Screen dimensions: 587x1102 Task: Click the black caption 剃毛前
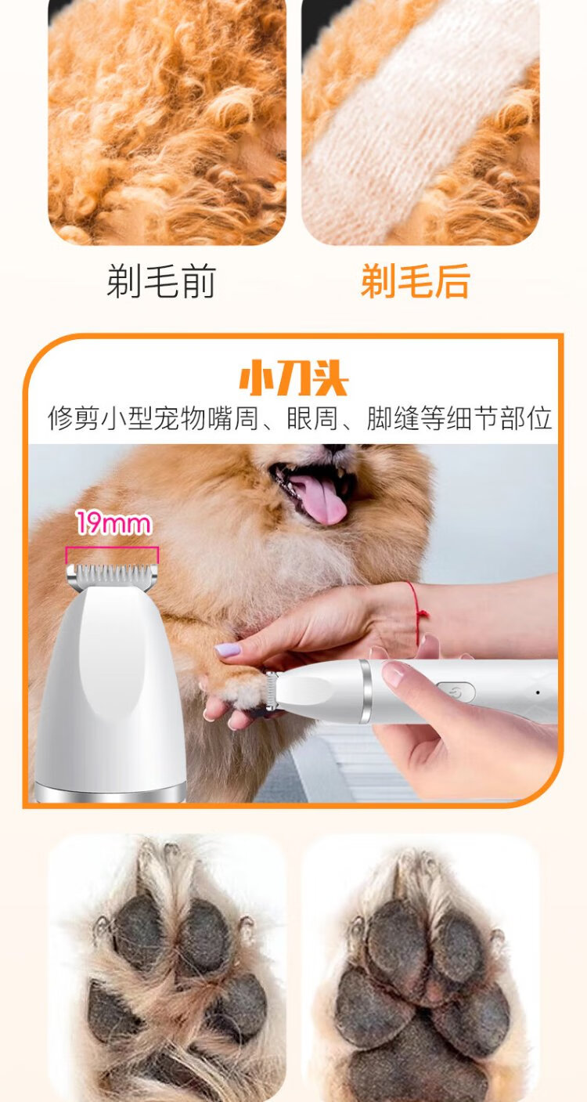pyautogui.click(x=161, y=281)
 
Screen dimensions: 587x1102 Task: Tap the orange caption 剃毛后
pyautogui.click(x=416, y=281)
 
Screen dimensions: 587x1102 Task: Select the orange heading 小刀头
pyautogui.click(x=293, y=379)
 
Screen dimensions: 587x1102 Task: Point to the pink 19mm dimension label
pyautogui.click(x=113, y=523)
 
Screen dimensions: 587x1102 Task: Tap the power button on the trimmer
pyautogui.click(x=456, y=692)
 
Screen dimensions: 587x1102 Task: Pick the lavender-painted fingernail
pyautogui.click(x=228, y=650)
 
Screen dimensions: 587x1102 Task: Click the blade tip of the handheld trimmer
pyautogui.click(x=270, y=692)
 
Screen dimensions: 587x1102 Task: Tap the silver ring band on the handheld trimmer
pyautogui.click(x=365, y=692)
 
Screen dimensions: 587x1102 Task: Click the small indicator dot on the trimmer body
pyautogui.click(x=538, y=692)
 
